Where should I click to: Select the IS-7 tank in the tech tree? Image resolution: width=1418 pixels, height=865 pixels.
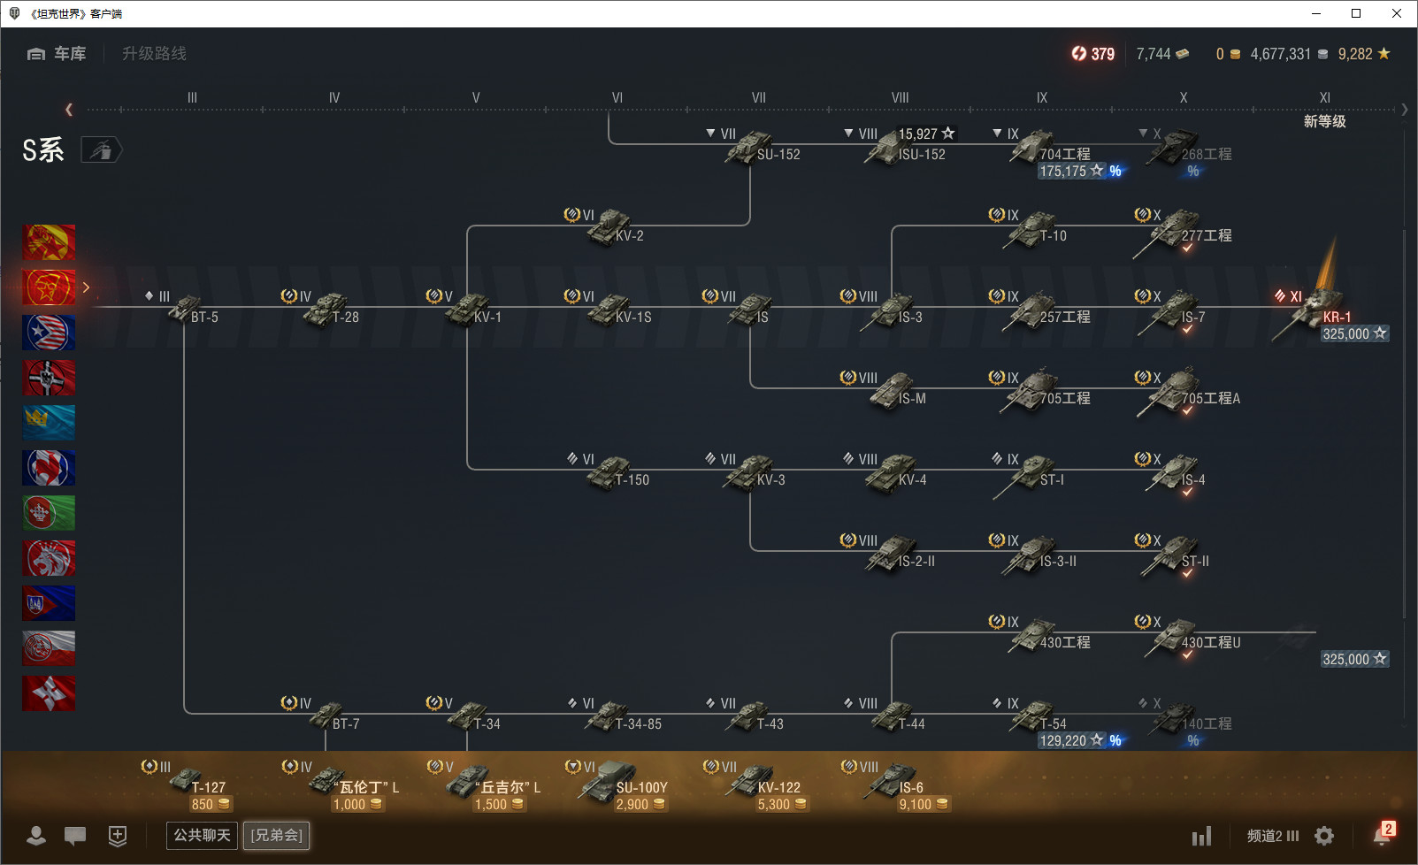[x=1175, y=310]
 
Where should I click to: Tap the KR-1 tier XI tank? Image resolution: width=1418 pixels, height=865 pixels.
[x=1316, y=311]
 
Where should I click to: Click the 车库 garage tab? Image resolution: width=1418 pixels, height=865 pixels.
[x=57, y=54]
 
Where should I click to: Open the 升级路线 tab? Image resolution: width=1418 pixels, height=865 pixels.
[x=154, y=54]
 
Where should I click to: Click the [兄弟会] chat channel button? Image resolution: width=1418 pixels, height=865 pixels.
[x=277, y=835]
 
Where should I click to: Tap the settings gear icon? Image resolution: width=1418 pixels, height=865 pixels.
[x=1324, y=836]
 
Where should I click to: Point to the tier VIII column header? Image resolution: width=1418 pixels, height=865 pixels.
[x=900, y=97]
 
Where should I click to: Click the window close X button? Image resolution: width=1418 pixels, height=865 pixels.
[x=1397, y=13]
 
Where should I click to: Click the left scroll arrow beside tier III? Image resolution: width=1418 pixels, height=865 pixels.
[x=69, y=110]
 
